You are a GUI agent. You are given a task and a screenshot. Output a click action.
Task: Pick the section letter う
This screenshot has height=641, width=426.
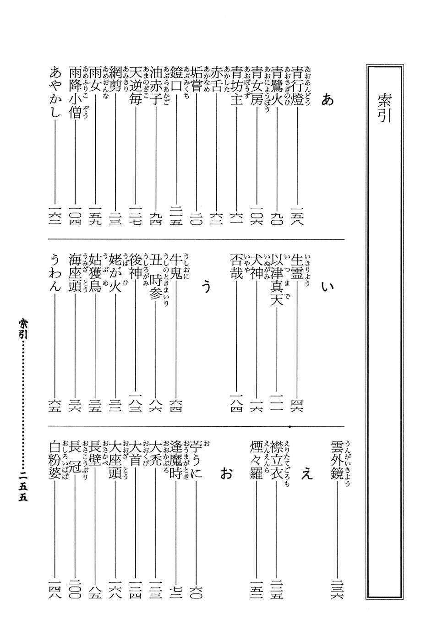(207, 287)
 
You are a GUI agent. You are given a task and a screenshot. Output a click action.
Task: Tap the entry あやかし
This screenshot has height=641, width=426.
(54, 93)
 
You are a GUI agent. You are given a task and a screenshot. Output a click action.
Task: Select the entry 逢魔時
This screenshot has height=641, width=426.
(176, 460)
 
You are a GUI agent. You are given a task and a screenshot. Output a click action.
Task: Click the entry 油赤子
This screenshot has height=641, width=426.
(156, 87)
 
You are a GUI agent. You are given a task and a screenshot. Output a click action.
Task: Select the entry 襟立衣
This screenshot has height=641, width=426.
(277, 460)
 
